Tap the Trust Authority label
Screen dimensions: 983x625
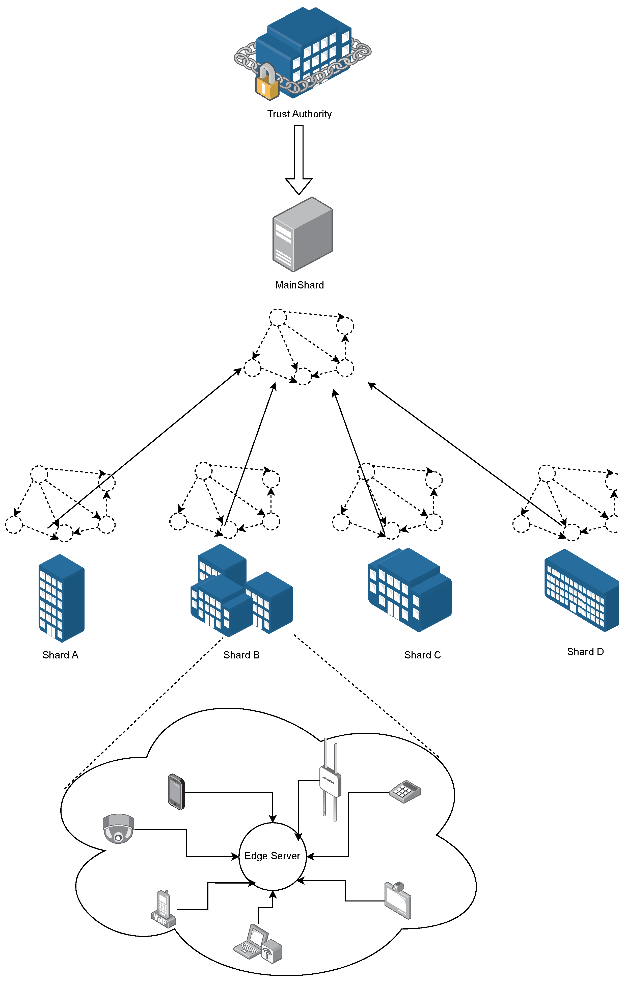pyautogui.click(x=299, y=114)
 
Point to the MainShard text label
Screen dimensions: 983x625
pyautogui.click(x=299, y=285)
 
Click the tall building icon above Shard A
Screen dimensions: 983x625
pyautogui.click(x=61, y=598)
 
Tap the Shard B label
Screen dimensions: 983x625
pyautogui.click(x=241, y=655)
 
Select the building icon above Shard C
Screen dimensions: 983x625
pyautogui.click(x=410, y=590)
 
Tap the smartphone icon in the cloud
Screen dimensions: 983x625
pyautogui.click(x=176, y=791)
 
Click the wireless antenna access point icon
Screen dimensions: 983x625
pyautogui.click(x=330, y=781)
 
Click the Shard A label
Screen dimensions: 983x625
pyautogui.click(x=60, y=655)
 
